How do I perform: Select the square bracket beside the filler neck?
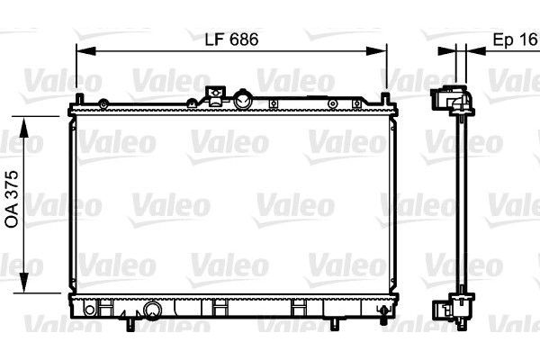214,94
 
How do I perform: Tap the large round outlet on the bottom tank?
152,312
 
